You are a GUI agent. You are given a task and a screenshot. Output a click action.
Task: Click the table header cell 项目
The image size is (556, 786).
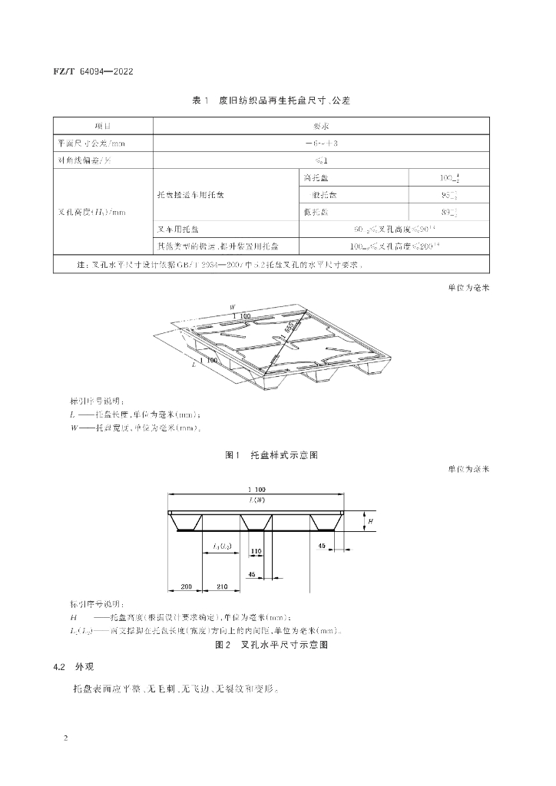102,125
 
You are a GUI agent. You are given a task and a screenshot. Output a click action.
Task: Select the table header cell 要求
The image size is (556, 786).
321,125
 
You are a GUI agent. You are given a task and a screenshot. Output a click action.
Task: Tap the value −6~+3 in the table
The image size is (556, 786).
321,143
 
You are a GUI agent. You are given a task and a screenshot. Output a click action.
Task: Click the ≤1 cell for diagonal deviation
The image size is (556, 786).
321,161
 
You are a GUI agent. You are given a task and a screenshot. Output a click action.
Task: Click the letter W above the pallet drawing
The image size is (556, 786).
232,306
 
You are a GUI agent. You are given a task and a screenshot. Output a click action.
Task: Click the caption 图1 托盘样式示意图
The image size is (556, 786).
271,455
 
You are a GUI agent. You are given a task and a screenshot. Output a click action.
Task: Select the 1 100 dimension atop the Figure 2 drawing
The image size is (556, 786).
256,490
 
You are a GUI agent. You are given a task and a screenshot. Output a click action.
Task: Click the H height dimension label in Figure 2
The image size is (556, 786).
371,521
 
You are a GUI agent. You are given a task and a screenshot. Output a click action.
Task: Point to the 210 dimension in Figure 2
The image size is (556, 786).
222,587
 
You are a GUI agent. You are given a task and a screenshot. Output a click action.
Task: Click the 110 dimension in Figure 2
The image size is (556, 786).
255,551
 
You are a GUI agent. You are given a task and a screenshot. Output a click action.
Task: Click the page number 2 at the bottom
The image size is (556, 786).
66,738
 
